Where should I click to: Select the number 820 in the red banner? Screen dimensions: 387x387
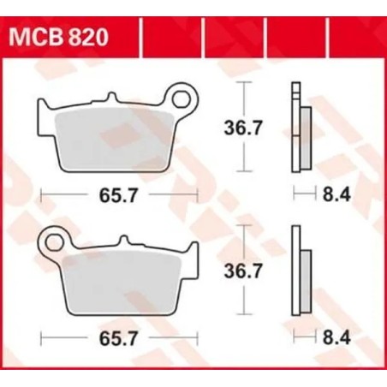(90, 39)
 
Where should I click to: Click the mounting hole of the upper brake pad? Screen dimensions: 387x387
(182, 98)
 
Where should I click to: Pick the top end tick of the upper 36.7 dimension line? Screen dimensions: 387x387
(246, 81)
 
